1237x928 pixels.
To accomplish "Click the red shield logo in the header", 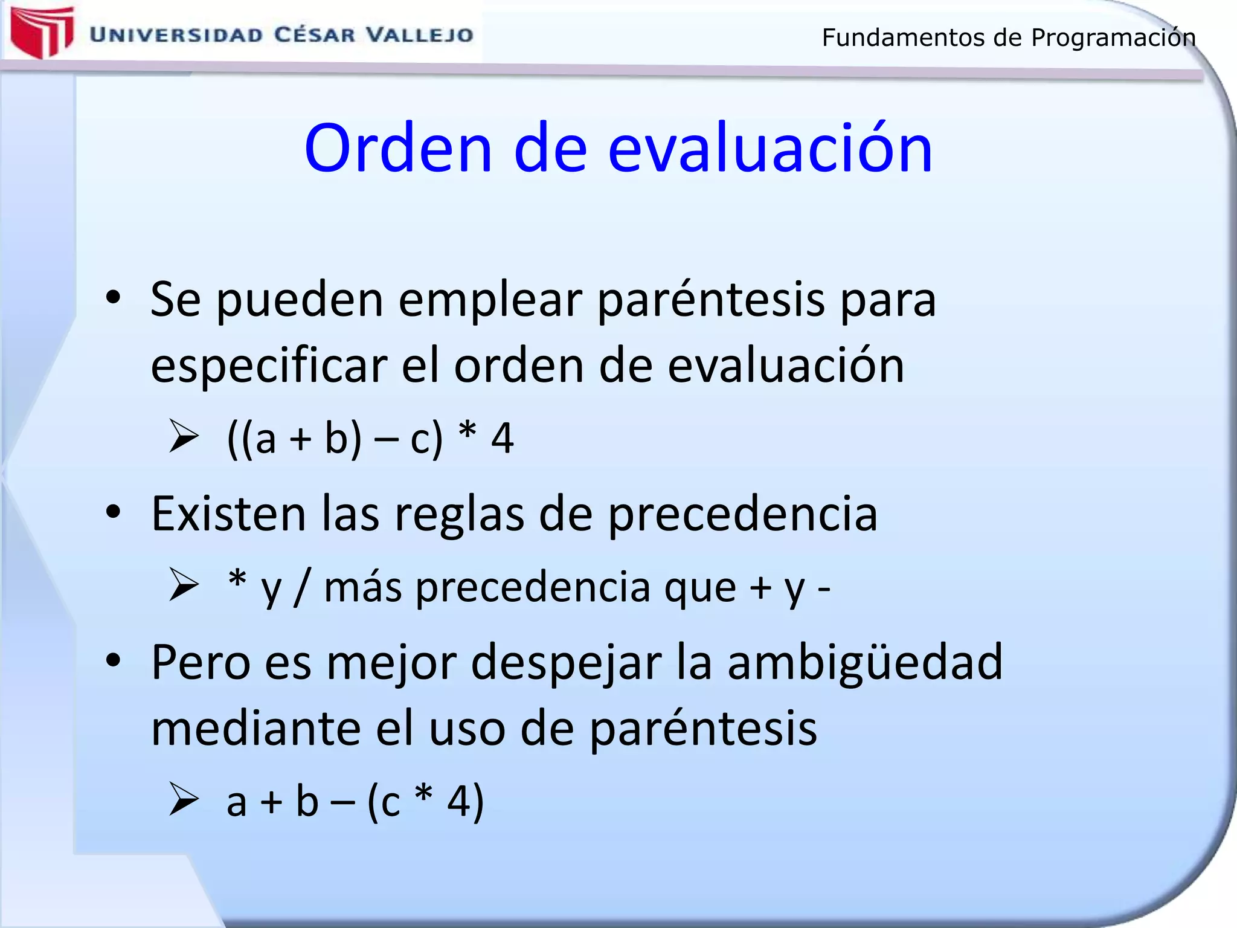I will pyautogui.click(x=42, y=32).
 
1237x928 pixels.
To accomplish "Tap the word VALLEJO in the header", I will pyautogui.click(x=420, y=35).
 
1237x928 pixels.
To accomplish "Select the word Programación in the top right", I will pyautogui.click(x=1113, y=38).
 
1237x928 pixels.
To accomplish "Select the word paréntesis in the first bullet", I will pyautogui.click(x=710, y=300).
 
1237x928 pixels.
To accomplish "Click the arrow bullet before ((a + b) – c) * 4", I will pyautogui.click(x=184, y=436).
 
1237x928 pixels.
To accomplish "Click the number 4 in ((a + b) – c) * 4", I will pyautogui.click(x=502, y=439).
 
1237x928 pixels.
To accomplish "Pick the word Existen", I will pyautogui.click(x=228, y=514).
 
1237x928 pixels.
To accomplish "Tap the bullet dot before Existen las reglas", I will pyautogui.click(x=113, y=512).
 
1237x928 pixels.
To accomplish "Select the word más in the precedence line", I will pyautogui.click(x=362, y=587).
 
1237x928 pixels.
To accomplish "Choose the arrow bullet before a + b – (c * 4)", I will pyautogui.click(x=184, y=799).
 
